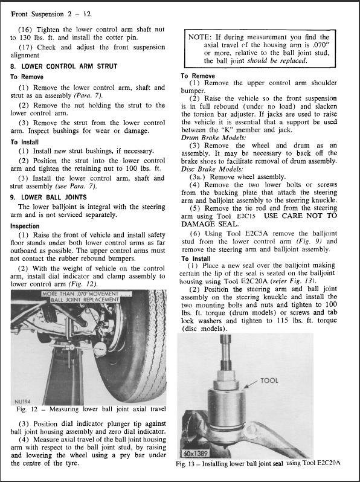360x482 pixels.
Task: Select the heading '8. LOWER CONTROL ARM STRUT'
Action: [x=63, y=66]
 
